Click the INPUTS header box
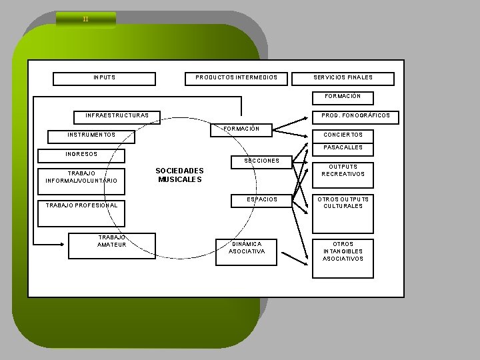[104, 78]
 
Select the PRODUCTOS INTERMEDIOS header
[237, 78]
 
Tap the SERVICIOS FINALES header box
[343, 78]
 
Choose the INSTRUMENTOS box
[91, 135]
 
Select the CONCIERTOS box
[343, 135]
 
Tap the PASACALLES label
[343, 147]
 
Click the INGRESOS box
[81, 155]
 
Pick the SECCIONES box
[261, 161]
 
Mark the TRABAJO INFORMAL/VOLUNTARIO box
[81, 177]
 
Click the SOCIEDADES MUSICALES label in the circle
[179, 175]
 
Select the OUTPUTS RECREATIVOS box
[343, 171]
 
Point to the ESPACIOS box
[261, 199]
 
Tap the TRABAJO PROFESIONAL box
[81, 205]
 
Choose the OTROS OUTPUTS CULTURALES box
[343, 203]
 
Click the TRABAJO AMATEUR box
[112, 245]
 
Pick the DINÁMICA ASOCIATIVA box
[246, 248]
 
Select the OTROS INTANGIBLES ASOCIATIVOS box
[343, 251]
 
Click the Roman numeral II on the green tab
[85, 19]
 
